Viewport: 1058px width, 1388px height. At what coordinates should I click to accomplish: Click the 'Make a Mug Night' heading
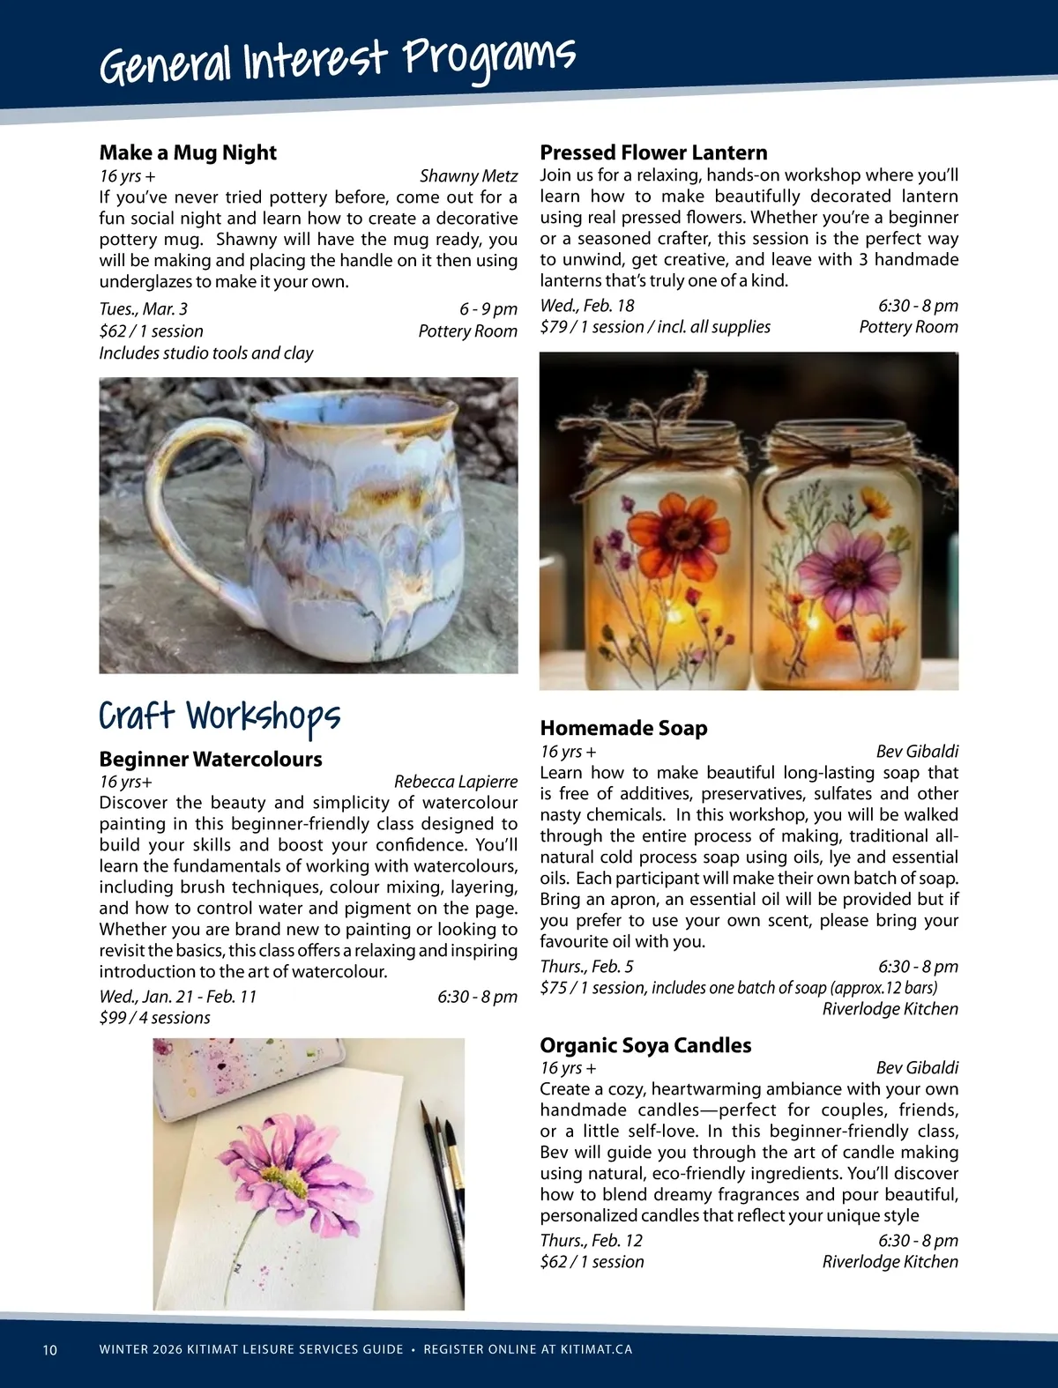point(188,152)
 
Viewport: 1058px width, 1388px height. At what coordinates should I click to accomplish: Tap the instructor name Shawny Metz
point(468,176)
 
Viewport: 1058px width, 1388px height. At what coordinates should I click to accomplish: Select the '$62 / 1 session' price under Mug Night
point(151,331)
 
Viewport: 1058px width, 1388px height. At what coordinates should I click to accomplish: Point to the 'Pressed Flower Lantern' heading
point(653,152)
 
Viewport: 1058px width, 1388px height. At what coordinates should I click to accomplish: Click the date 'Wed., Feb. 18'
point(587,306)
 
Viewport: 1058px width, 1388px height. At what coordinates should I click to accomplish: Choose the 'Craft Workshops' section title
point(220,716)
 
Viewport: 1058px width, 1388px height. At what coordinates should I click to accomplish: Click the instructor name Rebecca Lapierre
point(456,782)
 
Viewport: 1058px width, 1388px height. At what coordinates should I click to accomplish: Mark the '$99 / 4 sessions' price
point(155,1018)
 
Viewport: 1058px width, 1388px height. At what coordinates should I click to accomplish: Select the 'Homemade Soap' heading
point(623,728)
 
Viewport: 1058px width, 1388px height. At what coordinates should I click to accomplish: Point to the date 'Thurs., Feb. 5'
point(586,967)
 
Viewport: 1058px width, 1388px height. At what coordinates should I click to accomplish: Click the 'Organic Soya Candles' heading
point(645,1045)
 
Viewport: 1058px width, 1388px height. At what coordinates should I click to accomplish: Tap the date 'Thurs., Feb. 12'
point(591,1241)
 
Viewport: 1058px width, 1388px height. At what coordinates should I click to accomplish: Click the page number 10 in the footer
point(49,1350)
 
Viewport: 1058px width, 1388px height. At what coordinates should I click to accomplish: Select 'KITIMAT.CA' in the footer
point(596,1350)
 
